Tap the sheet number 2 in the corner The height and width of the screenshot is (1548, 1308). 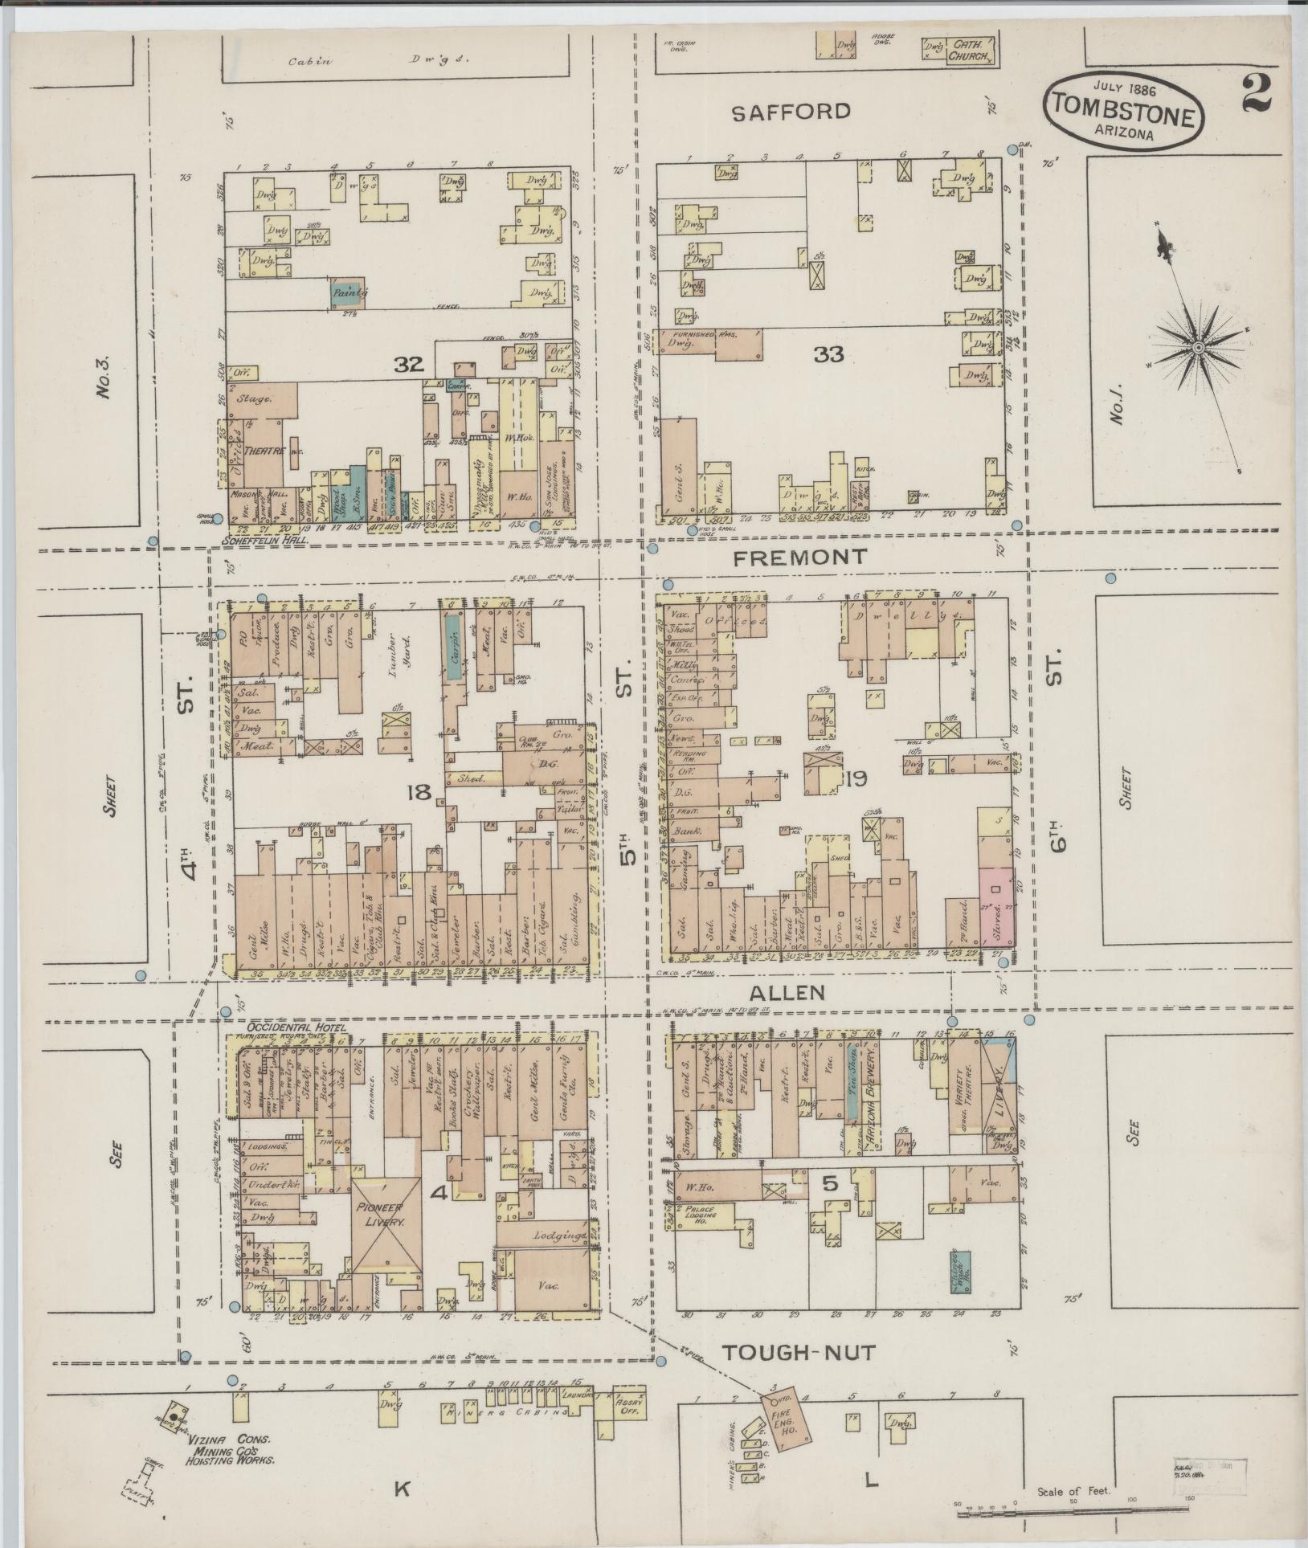1254,93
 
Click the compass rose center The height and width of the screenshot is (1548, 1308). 1197,347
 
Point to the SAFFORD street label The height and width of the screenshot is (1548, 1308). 791,112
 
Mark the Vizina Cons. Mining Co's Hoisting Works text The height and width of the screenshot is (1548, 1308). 232,1452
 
